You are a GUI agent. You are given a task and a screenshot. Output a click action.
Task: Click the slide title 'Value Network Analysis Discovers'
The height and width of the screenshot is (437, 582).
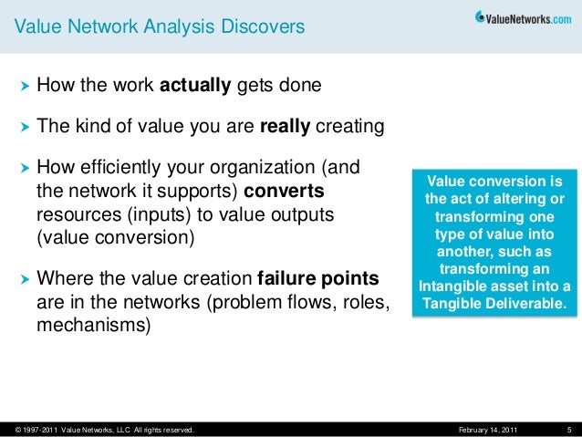159,28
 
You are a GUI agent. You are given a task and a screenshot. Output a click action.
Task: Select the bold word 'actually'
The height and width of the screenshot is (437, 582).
196,87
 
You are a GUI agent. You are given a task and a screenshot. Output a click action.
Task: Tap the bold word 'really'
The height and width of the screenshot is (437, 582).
286,127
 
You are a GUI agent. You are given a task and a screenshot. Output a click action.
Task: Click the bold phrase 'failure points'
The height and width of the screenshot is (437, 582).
319,277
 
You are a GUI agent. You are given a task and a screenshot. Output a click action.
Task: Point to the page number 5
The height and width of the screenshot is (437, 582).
567,429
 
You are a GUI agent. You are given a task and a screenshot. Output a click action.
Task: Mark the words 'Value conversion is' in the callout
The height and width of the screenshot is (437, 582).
496,181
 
